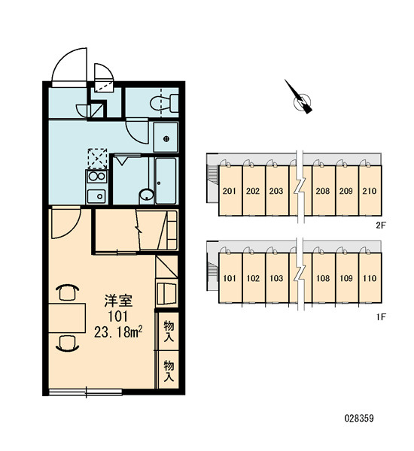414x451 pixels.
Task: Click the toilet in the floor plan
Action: coord(165,103)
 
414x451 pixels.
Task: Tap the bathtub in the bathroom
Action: coord(166,180)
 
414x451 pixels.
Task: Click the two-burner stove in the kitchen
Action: coord(96,177)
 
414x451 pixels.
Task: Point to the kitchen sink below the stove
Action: coord(96,196)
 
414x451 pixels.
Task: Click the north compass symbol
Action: coord(301,99)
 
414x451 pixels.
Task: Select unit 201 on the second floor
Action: coord(230,191)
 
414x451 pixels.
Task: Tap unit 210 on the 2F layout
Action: coord(370,191)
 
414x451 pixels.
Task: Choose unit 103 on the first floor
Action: coord(276,278)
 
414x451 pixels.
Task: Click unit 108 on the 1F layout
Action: coord(323,278)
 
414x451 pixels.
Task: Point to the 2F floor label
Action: coord(380,225)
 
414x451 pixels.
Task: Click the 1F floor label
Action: coord(381,317)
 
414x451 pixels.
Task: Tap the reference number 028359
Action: coord(359,418)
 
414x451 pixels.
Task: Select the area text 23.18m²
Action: coord(118,331)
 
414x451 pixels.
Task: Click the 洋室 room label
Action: coord(118,301)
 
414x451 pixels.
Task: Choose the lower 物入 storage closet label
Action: coord(169,371)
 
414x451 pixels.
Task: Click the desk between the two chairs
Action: coord(67,317)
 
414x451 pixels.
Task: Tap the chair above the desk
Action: coord(67,292)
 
